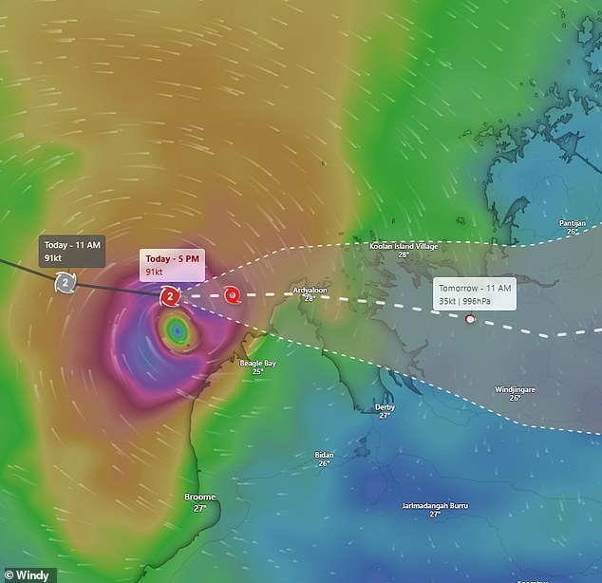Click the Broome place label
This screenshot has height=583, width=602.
(x=199, y=497)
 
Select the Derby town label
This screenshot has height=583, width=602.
(x=385, y=406)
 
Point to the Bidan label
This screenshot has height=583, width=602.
(x=324, y=455)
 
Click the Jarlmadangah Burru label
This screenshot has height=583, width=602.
(x=434, y=504)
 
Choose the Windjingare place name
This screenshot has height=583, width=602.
(x=515, y=389)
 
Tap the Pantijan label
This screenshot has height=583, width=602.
(x=573, y=223)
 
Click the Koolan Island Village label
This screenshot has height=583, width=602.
(x=403, y=246)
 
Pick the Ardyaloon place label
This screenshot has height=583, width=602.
(x=310, y=289)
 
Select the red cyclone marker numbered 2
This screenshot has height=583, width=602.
(x=169, y=297)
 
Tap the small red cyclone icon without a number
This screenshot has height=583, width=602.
(x=233, y=295)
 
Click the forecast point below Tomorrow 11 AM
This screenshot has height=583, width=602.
(x=469, y=319)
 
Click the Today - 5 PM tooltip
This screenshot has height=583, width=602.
(x=172, y=265)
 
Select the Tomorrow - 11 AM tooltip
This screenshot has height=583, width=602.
(x=475, y=293)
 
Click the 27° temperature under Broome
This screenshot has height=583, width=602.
(x=199, y=508)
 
